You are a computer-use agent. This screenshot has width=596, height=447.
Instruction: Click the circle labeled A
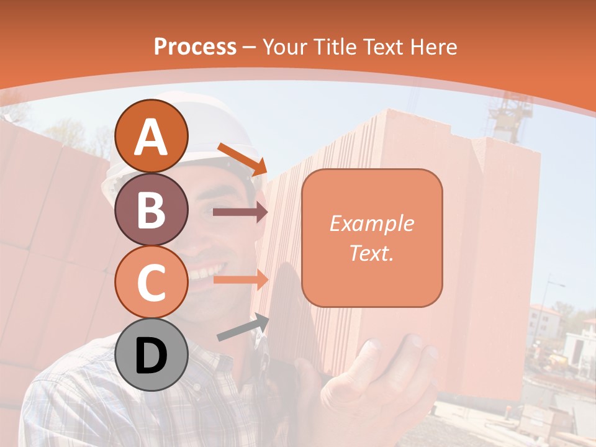(x=151, y=137)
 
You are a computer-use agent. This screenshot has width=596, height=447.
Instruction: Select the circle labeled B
(x=151, y=209)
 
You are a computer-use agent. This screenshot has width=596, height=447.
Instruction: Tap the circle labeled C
(x=151, y=282)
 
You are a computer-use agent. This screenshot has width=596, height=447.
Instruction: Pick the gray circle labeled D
(x=151, y=354)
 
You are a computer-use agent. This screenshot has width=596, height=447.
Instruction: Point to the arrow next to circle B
(x=240, y=212)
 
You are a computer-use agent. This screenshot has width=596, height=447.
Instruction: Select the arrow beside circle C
(x=240, y=279)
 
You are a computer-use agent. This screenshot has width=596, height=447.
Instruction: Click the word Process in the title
(x=195, y=47)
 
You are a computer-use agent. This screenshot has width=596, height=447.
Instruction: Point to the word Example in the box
(x=371, y=223)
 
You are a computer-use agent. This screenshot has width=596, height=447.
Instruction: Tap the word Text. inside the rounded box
(x=371, y=253)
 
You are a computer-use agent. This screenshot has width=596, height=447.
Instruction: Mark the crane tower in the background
(x=510, y=115)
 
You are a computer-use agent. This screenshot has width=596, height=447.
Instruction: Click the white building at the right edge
(x=580, y=348)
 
